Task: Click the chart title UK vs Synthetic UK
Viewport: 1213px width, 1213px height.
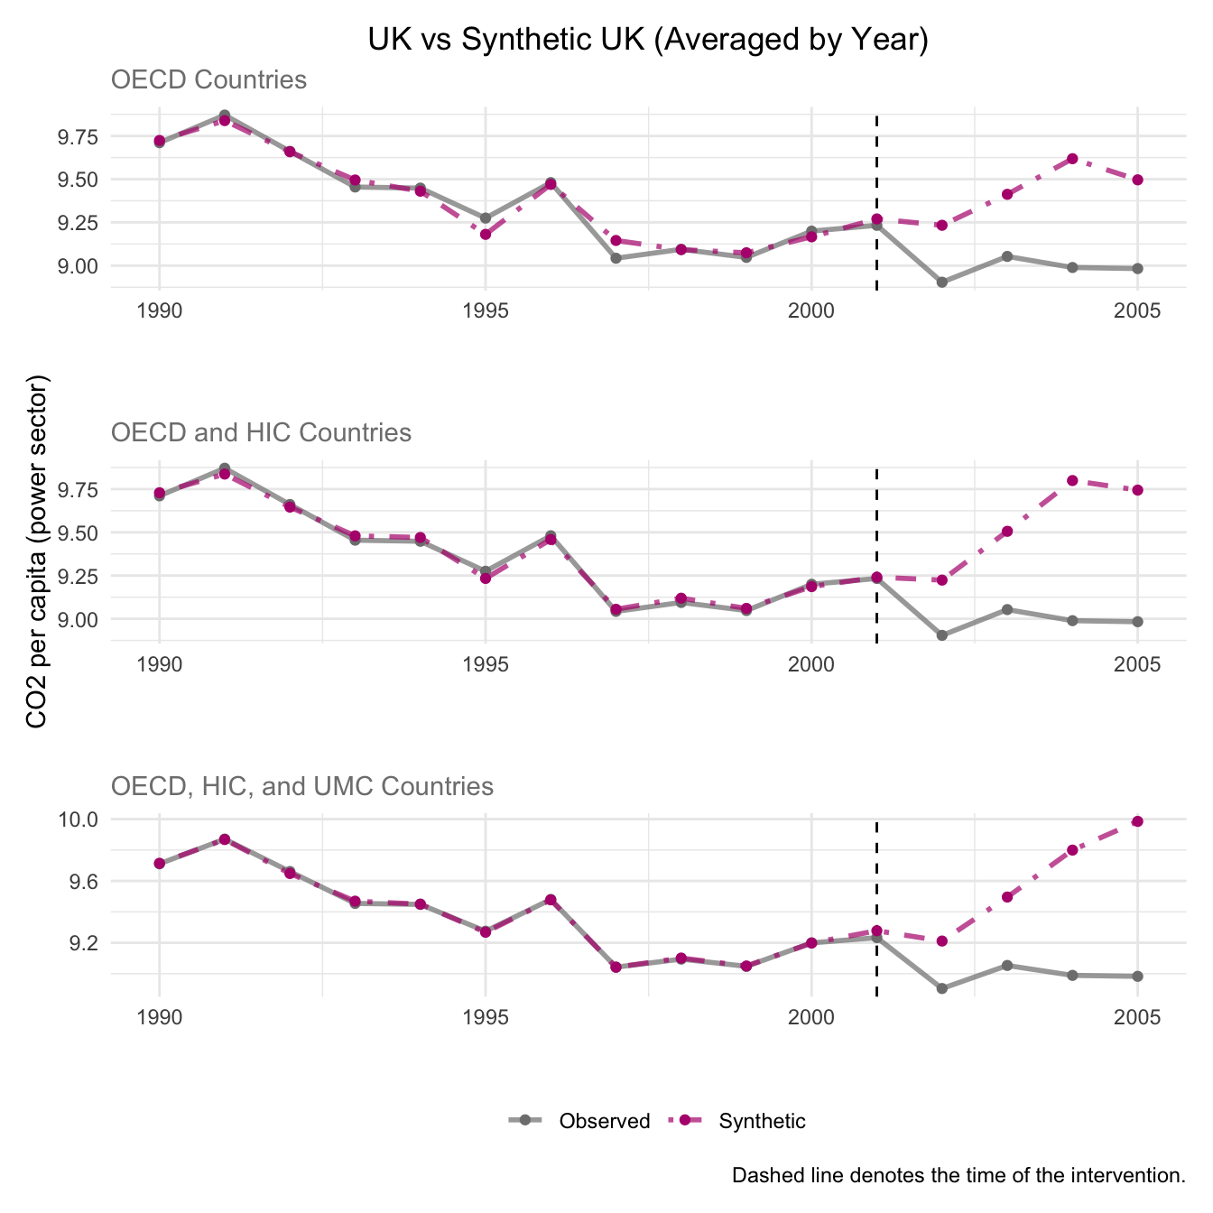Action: pos(648,41)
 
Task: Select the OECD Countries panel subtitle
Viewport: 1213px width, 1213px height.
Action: pos(208,80)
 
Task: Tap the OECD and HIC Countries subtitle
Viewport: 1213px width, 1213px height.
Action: pos(261,433)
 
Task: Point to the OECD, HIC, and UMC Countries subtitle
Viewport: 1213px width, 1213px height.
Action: pos(301,787)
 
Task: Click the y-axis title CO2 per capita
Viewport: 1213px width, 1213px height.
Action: pos(38,551)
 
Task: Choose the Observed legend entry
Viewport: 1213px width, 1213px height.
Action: pos(604,1121)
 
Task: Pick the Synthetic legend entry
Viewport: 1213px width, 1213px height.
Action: pos(762,1121)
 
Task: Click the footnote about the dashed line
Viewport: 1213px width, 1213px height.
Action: pos(958,1176)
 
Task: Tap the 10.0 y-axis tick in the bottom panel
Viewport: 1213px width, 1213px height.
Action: pos(79,819)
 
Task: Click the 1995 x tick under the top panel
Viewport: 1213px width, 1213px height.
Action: pos(486,312)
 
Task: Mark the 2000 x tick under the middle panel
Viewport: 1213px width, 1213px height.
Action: pos(811,665)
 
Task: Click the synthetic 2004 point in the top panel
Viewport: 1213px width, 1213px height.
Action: pos(1072,159)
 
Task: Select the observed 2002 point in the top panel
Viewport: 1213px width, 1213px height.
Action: pos(942,282)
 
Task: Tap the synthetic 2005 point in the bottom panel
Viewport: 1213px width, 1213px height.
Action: pos(1138,821)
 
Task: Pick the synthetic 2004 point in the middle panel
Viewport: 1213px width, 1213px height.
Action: pos(1072,480)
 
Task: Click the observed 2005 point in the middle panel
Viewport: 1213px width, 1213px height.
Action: pos(1138,622)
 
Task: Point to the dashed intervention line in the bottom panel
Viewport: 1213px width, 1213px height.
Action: pos(877,903)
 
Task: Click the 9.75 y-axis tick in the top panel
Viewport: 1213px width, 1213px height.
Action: pos(79,137)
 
